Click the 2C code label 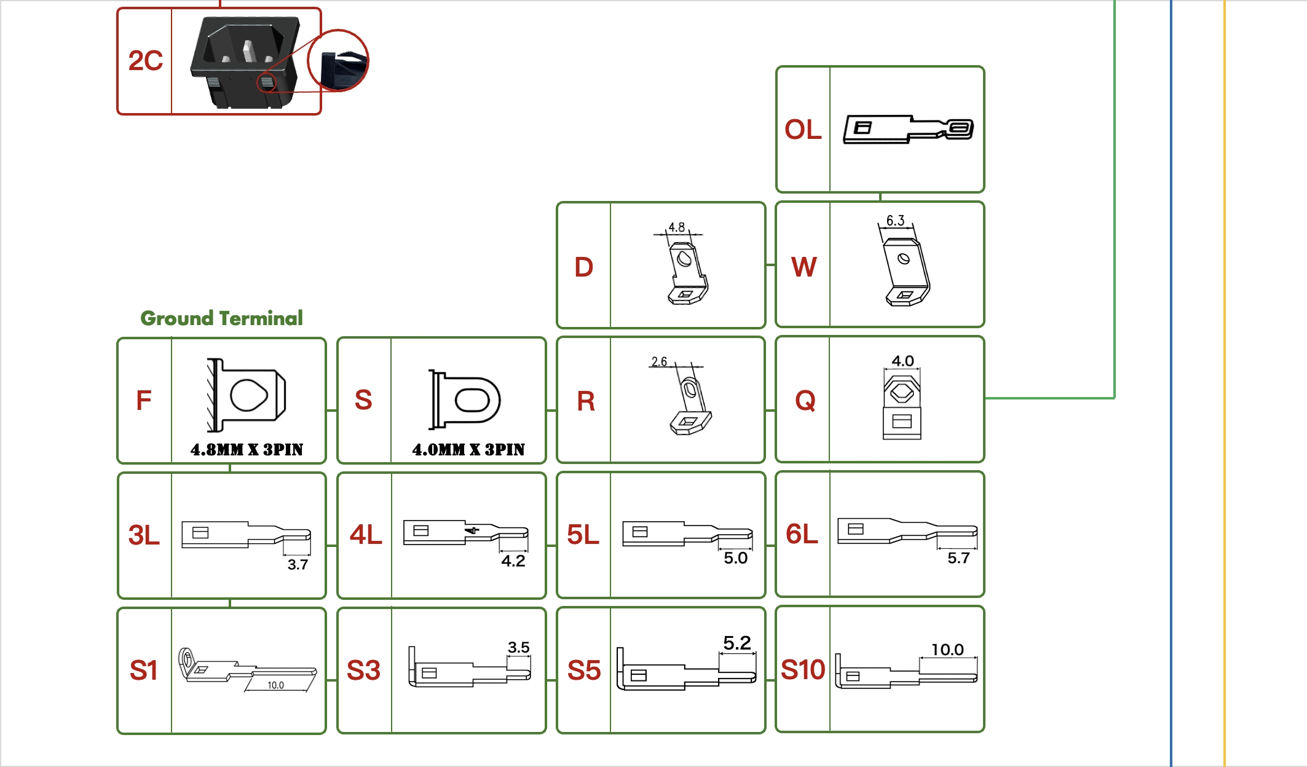point(145,61)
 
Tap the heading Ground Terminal point(221,318)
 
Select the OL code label point(803,130)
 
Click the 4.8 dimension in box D point(676,227)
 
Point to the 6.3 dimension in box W point(895,221)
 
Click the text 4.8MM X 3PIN point(247,450)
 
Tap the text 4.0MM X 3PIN point(468,450)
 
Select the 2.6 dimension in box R point(659,361)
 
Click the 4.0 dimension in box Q point(902,361)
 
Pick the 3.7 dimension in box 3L point(298,565)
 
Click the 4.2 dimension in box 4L point(513,561)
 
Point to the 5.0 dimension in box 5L point(735,558)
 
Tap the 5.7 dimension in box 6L point(958,558)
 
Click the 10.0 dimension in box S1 point(275,685)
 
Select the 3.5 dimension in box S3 point(518,647)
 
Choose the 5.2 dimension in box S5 point(736,643)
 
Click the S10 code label point(802,670)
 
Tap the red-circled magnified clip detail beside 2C point(338,60)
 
